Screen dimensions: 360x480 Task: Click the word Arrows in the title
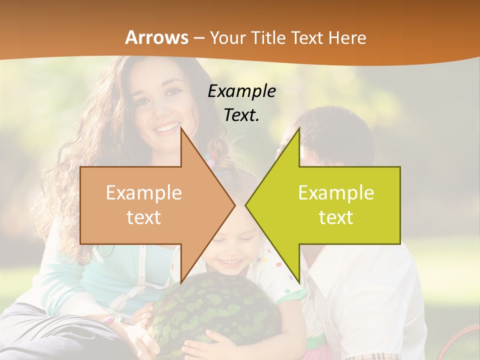[157, 37]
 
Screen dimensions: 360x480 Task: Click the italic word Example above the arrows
[241, 91]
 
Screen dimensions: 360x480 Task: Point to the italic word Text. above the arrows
[241, 115]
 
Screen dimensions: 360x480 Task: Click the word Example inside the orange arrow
[144, 192]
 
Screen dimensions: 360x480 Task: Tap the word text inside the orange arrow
[144, 217]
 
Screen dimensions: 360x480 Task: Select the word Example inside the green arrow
[336, 192]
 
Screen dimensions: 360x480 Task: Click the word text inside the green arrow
[336, 217]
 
